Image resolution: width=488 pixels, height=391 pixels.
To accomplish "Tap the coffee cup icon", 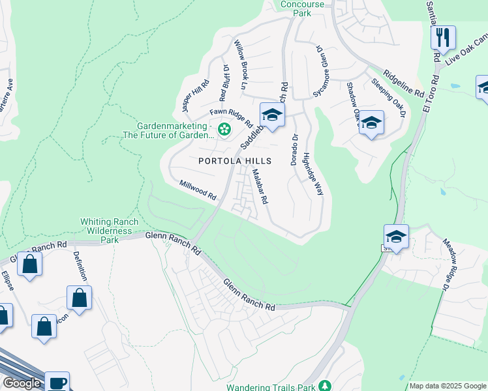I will point(57,381).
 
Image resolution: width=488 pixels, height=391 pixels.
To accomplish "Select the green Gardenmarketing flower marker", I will point(224,130).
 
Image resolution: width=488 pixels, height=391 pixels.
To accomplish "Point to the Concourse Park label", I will point(301,8).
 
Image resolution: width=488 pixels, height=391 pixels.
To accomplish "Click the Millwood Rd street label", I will point(198,190).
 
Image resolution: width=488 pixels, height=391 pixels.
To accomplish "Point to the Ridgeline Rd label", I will point(404,82).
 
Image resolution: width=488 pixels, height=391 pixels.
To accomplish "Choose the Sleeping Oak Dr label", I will point(389,98).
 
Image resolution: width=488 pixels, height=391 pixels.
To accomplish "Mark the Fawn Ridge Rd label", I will point(231,117).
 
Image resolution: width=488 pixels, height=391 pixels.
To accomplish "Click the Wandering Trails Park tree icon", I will point(328,386).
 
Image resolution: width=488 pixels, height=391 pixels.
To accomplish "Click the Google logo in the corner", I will point(21,383).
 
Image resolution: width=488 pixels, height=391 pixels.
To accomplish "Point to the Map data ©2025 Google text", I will point(448,386).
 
